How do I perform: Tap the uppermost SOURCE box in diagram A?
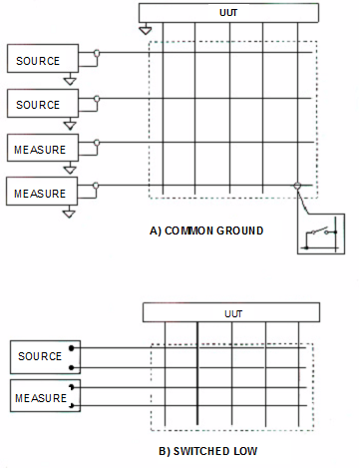[38, 59]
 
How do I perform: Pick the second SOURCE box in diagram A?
[38, 104]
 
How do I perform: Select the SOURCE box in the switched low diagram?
[40, 356]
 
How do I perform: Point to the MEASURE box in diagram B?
[40, 398]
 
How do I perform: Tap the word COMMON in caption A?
[186, 231]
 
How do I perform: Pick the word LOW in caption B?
[243, 451]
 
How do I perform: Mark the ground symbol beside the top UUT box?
[146, 30]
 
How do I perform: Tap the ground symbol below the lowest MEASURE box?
[69, 213]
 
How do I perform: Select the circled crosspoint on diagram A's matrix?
[297, 187]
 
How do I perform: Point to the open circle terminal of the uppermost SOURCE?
[96, 52]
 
